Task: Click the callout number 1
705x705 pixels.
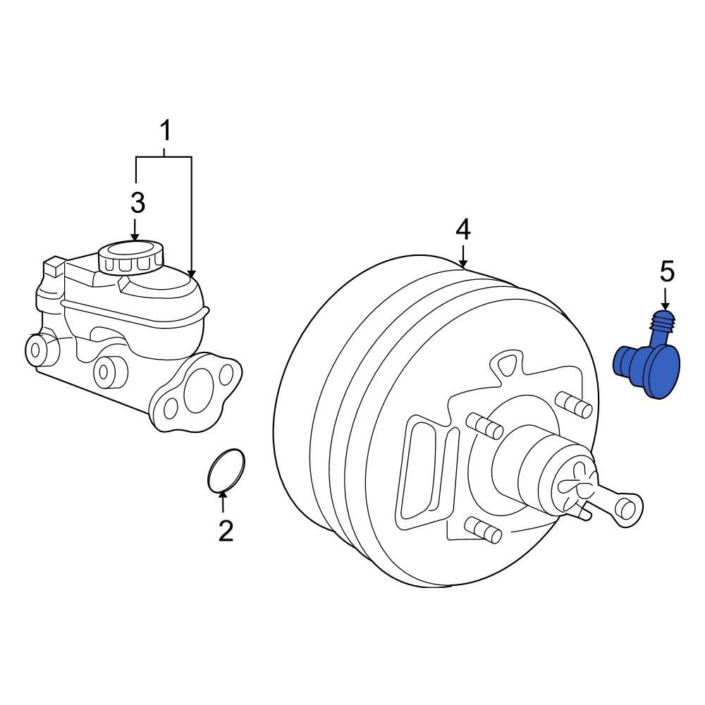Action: (x=165, y=131)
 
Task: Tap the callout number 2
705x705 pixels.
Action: (x=225, y=530)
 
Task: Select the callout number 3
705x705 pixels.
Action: (x=137, y=203)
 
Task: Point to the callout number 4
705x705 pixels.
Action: (x=462, y=229)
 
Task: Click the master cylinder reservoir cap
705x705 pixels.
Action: (x=131, y=257)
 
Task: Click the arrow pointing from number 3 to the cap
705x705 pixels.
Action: (x=136, y=230)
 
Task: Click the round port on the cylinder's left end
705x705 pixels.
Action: (x=35, y=347)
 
